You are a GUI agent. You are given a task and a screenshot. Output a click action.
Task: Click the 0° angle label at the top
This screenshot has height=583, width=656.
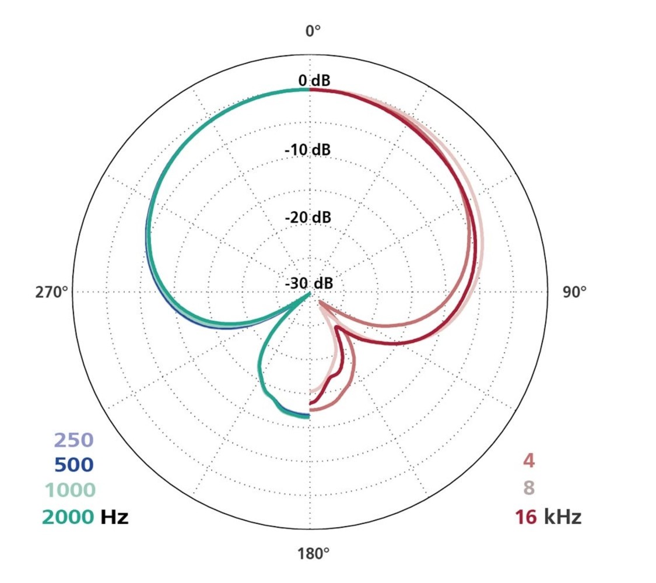[314, 31]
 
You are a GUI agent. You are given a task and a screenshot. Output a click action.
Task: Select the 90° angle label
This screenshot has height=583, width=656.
[574, 292]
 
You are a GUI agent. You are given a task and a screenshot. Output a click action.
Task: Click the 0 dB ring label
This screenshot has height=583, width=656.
[314, 80]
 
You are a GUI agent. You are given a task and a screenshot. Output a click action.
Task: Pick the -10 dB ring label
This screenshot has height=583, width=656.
[307, 150]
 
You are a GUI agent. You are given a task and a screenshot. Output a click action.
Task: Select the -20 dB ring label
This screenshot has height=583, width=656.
[307, 217]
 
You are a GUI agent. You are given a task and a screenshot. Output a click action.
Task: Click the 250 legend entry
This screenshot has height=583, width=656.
[73, 440]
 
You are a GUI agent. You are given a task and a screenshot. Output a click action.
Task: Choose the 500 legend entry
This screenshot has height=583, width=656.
[73, 465]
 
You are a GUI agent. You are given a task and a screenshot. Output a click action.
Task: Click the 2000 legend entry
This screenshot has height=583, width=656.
[67, 516]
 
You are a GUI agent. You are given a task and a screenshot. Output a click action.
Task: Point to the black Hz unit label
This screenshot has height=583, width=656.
[114, 516]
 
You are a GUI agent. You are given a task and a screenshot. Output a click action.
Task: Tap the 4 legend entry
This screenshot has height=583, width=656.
[529, 461]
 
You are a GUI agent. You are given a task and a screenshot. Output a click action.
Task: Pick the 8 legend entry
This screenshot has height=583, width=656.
[529, 487]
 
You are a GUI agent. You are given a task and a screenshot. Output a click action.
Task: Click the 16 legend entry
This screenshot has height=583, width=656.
[525, 517]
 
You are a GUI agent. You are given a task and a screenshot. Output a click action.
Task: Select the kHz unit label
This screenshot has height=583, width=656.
[562, 517]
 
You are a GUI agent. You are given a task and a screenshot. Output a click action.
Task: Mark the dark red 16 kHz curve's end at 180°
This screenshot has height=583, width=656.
[311, 403]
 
